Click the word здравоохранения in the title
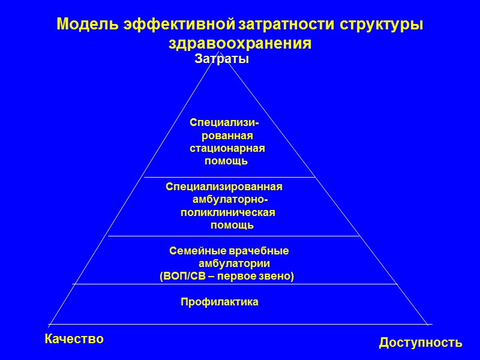240,44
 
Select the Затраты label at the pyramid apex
222,59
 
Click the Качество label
74,339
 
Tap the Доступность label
421,343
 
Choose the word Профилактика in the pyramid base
220,302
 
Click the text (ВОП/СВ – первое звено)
227,276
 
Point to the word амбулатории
234,263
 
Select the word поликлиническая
227,212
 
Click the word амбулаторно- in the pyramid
230,200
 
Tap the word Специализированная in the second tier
224,187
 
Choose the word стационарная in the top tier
227,148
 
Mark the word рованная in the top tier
227,136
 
